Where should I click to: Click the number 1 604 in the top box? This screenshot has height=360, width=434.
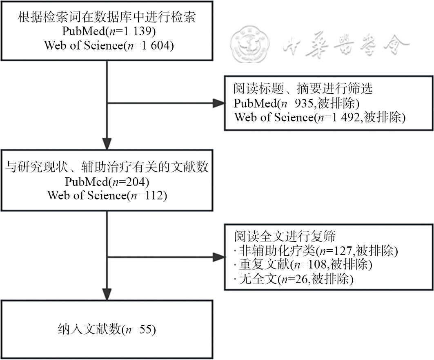tap(157, 45)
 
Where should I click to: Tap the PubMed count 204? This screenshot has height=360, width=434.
tap(148, 181)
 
